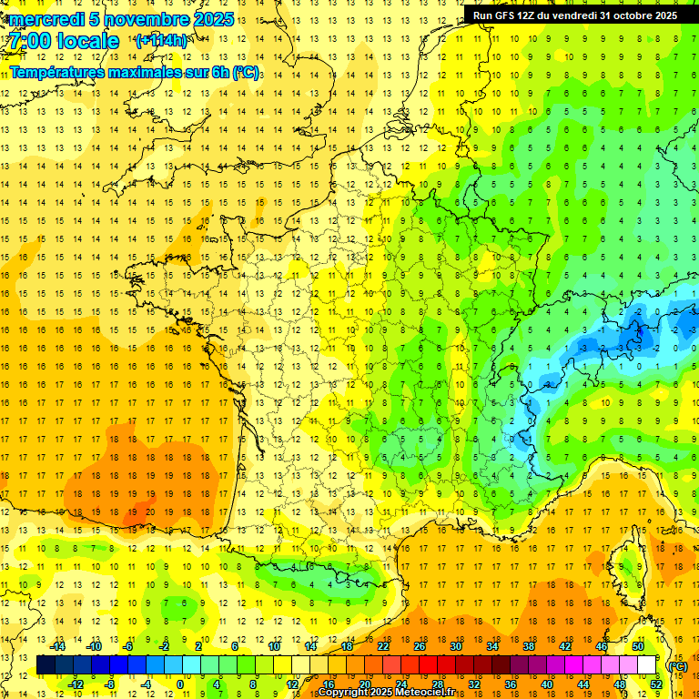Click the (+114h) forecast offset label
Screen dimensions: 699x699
pyautogui.click(x=161, y=40)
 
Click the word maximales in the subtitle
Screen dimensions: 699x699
pyautogui.click(x=150, y=72)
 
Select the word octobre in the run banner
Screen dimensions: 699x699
pyautogui.click(x=621, y=15)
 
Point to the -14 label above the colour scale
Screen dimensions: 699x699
pyautogui.click(x=57, y=646)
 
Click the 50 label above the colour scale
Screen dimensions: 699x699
pyautogui.click(x=638, y=646)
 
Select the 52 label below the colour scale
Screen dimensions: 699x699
pyautogui.click(x=655, y=684)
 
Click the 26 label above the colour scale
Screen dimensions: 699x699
pyautogui.click(x=420, y=646)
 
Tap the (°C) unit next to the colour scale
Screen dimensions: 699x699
pyautogui.click(x=678, y=665)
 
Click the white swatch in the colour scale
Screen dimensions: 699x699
pyautogui.click(x=647, y=665)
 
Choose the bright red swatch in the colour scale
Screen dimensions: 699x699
pyautogui.click(x=429, y=665)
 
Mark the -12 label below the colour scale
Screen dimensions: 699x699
pyautogui.click(x=76, y=684)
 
